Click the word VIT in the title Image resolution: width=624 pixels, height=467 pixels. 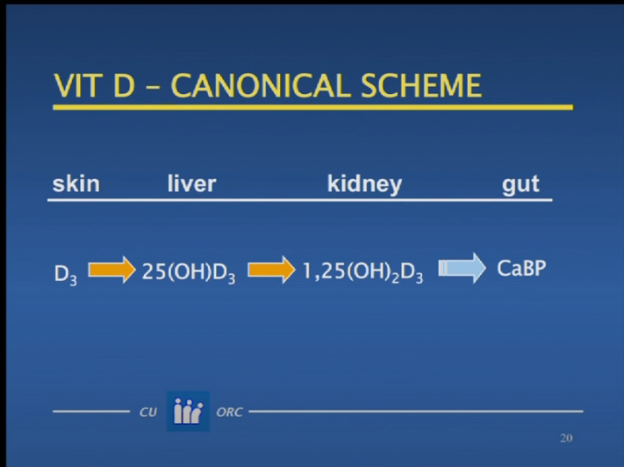pyautogui.click(x=76, y=86)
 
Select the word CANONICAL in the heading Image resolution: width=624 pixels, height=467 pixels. pyautogui.click(x=261, y=86)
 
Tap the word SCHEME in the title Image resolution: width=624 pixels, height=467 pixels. pyautogui.click(x=421, y=86)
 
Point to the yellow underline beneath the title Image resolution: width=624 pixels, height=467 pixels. pyautogui.click(x=312, y=107)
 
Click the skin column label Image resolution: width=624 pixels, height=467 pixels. pyautogui.click(x=76, y=183)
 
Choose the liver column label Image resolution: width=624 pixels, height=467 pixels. pyautogui.click(x=191, y=183)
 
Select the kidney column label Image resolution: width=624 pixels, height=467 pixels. pyautogui.click(x=364, y=184)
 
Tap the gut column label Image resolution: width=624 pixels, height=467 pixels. pyautogui.click(x=520, y=185)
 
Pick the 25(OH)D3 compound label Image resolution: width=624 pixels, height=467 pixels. pyautogui.click(x=189, y=273)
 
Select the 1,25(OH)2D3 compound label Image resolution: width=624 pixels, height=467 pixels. pyautogui.click(x=362, y=273)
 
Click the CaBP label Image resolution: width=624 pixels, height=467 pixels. pyautogui.click(x=521, y=269)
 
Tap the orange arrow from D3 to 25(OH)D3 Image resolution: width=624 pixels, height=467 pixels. pyautogui.click(x=111, y=269)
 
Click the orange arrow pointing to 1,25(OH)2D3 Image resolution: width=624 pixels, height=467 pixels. pyautogui.click(x=271, y=269)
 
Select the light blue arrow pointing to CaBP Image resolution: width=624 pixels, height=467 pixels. pyautogui.click(x=462, y=268)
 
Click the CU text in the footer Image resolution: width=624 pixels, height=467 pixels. pyautogui.click(x=148, y=412)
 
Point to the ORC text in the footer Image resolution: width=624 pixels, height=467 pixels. pyautogui.click(x=229, y=412)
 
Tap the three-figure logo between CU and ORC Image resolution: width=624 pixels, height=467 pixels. pyautogui.click(x=188, y=411)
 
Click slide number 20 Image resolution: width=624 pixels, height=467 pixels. pyautogui.click(x=566, y=438)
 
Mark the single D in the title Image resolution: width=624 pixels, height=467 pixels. pyautogui.click(x=124, y=86)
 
